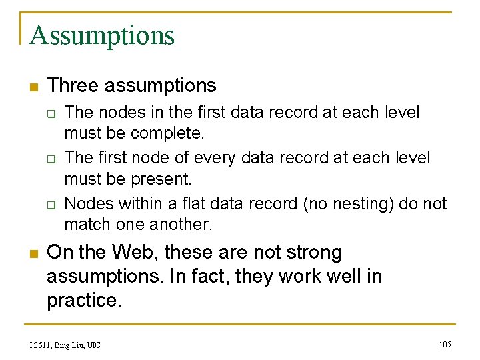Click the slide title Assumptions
pyautogui.click(x=101, y=35)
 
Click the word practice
pyautogui.click(x=85, y=300)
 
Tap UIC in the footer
pyautogui.click(x=93, y=345)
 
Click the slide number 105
pyautogui.click(x=445, y=344)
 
